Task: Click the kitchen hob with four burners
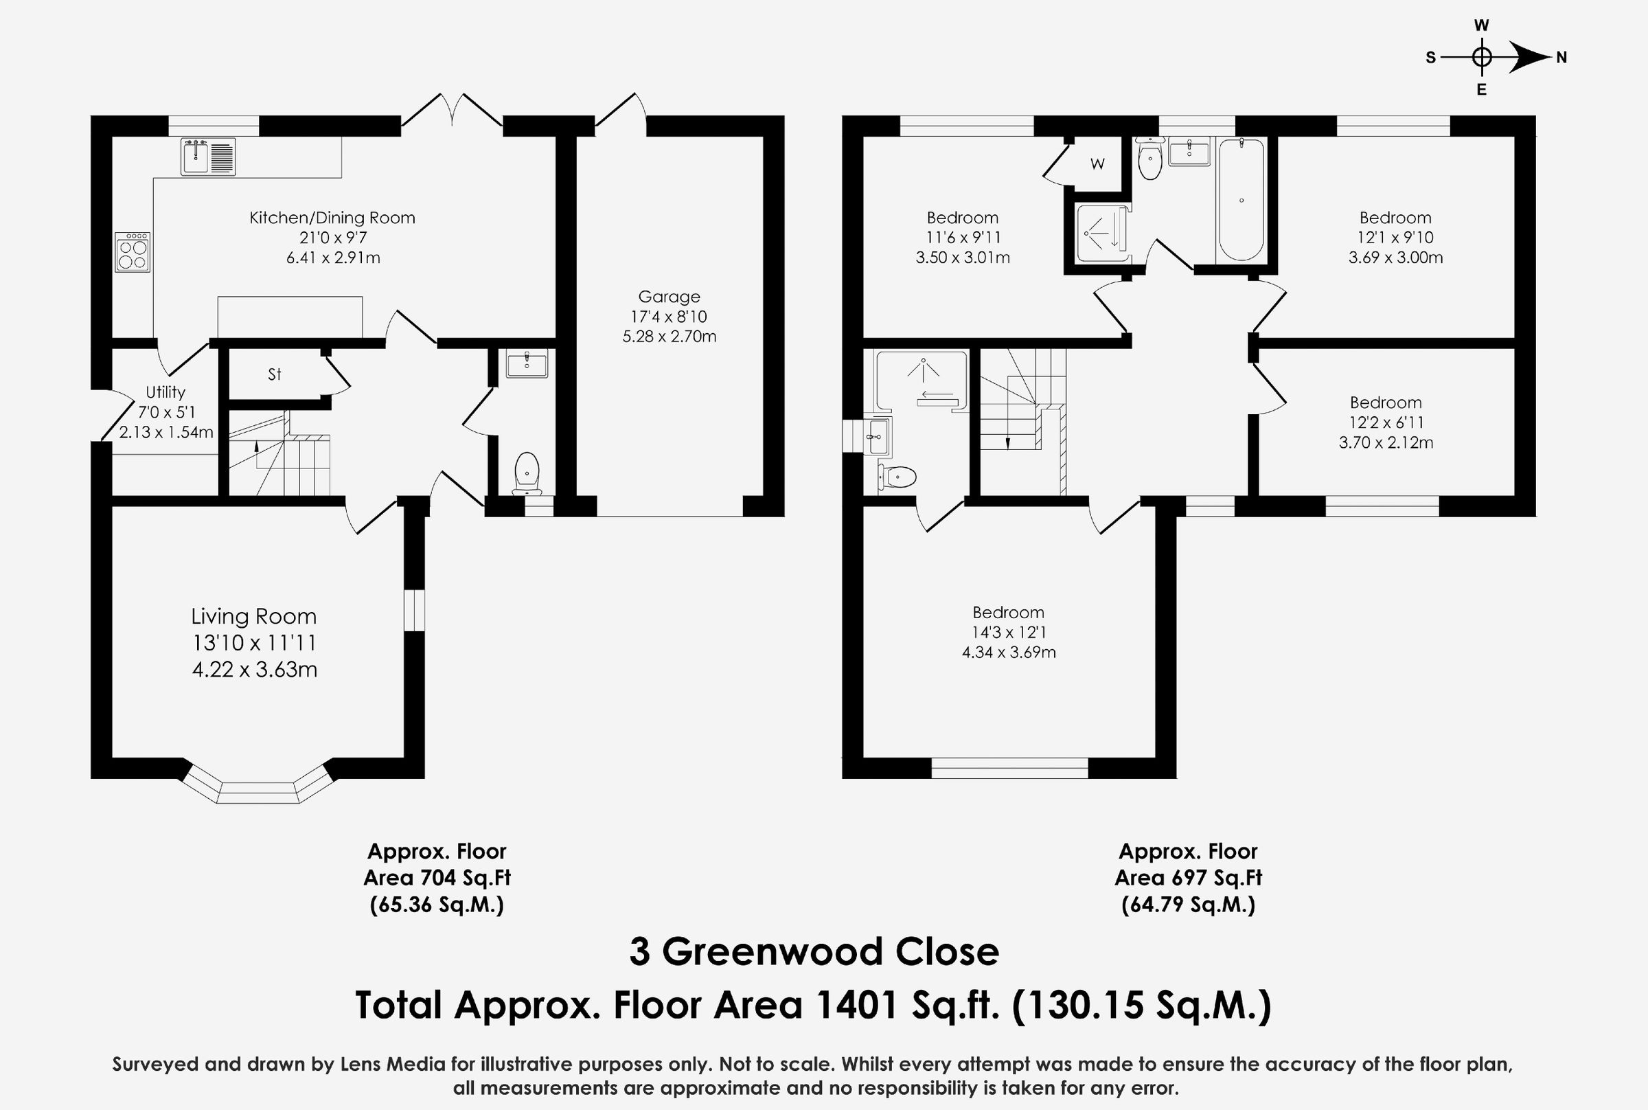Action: (x=133, y=252)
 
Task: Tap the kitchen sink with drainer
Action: (x=208, y=157)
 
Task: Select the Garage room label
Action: (x=669, y=297)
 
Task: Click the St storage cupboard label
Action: (x=275, y=374)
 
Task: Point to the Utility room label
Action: (x=165, y=392)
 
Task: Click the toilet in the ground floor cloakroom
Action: (x=527, y=473)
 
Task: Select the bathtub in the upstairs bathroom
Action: (x=1241, y=201)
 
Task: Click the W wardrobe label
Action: (x=1097, y=164)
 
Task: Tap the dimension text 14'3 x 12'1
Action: (x=1008, y=632)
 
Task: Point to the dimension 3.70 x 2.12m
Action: (x=1386, y=442)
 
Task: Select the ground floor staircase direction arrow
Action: (x=256, y=447)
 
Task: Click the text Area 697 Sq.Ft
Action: (x=1188, y=878)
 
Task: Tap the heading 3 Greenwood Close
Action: (x=814, y=952)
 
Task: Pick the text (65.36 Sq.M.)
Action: (x=437, y=905)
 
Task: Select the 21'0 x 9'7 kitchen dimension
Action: (x=332, y=238)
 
